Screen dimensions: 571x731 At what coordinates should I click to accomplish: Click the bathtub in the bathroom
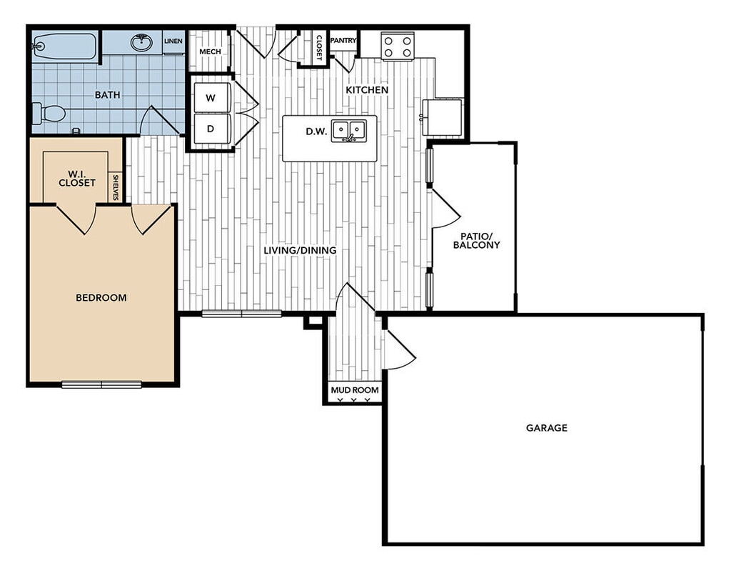(x=64, y=47)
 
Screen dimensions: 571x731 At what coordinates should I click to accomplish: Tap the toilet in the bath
(x=49, y=113)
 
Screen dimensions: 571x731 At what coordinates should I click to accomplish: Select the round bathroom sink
(x=142, y=43)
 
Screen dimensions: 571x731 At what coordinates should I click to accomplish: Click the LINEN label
(x=173, y=41)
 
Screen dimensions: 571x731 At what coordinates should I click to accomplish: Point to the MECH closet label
(x=210, y=51)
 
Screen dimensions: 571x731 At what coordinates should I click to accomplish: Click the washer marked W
(x=211, y=98)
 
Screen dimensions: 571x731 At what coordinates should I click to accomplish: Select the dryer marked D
(x=211, y=129)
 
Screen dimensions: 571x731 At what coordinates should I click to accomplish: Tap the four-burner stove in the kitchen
(x=398, y=46)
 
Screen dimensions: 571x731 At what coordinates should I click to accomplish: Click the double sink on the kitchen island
(x=348, y=131)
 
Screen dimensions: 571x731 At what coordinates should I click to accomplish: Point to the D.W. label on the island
(x=316, y=131)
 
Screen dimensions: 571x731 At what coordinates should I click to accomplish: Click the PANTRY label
(x=343, y=41)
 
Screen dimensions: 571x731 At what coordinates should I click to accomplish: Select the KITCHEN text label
(x=367, y=90)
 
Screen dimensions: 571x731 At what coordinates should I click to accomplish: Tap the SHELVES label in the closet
(x=116, y=187)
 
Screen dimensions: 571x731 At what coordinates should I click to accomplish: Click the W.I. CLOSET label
(x=76, y=177)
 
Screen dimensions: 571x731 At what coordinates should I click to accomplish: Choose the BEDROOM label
(x=101, y=297)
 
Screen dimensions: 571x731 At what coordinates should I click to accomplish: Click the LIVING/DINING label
(x=300, y=251)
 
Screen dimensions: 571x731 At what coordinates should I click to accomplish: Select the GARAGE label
(x=547, y=428)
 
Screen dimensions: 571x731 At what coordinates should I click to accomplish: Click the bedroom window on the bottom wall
(x=101, y=384)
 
